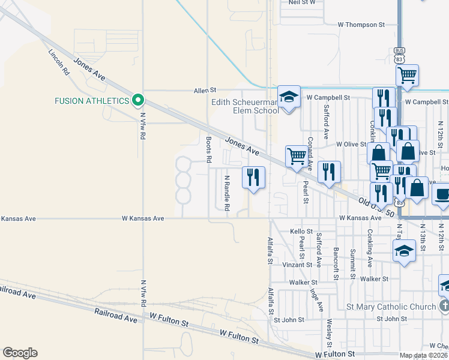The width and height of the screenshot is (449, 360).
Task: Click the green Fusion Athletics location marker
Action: [137, 100]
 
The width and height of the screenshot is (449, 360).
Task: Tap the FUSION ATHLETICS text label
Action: [92, 100]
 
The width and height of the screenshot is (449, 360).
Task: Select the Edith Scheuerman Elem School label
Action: [244, 106]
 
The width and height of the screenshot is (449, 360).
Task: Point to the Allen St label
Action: [204, 91]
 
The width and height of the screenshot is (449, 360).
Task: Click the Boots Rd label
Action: [209, 150]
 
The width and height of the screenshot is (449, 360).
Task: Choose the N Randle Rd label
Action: [227, 193]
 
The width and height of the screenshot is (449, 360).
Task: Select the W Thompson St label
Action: [361, 25]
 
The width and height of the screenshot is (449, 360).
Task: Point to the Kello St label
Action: [301, 231]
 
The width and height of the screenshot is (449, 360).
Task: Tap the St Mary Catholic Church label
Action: [391, 307]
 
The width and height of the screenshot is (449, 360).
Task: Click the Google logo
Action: [20, 353]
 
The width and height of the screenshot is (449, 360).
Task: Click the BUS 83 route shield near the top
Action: [399, 55]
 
